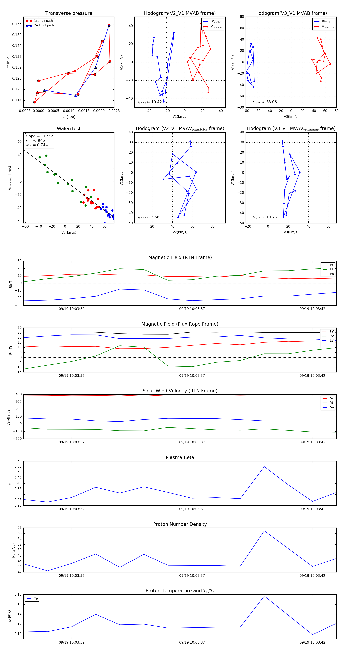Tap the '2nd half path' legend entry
coord(44,25)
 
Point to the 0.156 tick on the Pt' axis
coord(17,24)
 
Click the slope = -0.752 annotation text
coord(39,136)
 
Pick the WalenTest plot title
coord(69,129)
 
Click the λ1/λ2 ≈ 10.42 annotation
coord(149,102)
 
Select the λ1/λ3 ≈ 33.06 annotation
coord(264,102)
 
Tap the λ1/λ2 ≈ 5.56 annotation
coord(148,217)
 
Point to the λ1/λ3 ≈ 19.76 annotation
coord(264,217)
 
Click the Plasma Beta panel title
coord(180,458)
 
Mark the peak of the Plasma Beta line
coord(264,467)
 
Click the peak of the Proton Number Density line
coord(264,531)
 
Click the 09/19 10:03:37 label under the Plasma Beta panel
coord(192,509)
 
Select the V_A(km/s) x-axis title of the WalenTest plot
coord(69,232)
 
